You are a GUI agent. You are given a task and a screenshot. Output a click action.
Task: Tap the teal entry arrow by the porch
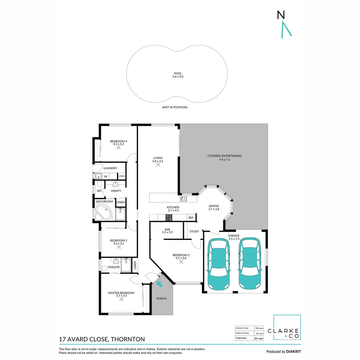point(159,284)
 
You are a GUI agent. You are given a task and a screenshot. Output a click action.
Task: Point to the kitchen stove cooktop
point(169,218)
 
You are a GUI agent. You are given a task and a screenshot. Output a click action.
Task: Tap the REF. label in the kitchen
point(191,218)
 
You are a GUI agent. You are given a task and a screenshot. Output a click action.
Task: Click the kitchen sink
point(183,199)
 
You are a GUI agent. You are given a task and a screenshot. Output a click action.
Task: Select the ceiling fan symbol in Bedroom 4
point(118,147)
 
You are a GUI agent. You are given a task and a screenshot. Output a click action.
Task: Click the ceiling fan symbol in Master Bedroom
point(121,299)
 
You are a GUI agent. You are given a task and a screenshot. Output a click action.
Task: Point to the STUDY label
point(194,231)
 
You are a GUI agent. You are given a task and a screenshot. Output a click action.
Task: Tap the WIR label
point(167,229)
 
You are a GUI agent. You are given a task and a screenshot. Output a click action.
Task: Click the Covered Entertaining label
point(224,156)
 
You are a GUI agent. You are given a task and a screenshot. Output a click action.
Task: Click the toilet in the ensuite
point(104,268)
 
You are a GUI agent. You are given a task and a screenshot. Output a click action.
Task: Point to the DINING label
point(214,206)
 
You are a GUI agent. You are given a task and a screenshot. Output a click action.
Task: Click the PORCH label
point(161,298)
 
